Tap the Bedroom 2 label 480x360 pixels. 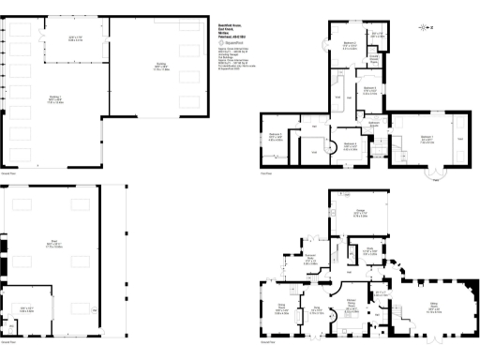(350, 46)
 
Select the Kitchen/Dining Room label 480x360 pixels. (352, 304)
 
